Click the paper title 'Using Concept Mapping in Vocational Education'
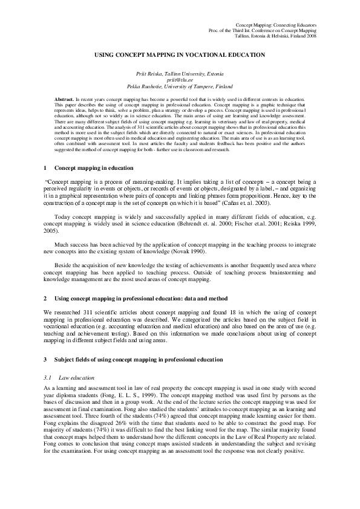pos(180,54)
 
